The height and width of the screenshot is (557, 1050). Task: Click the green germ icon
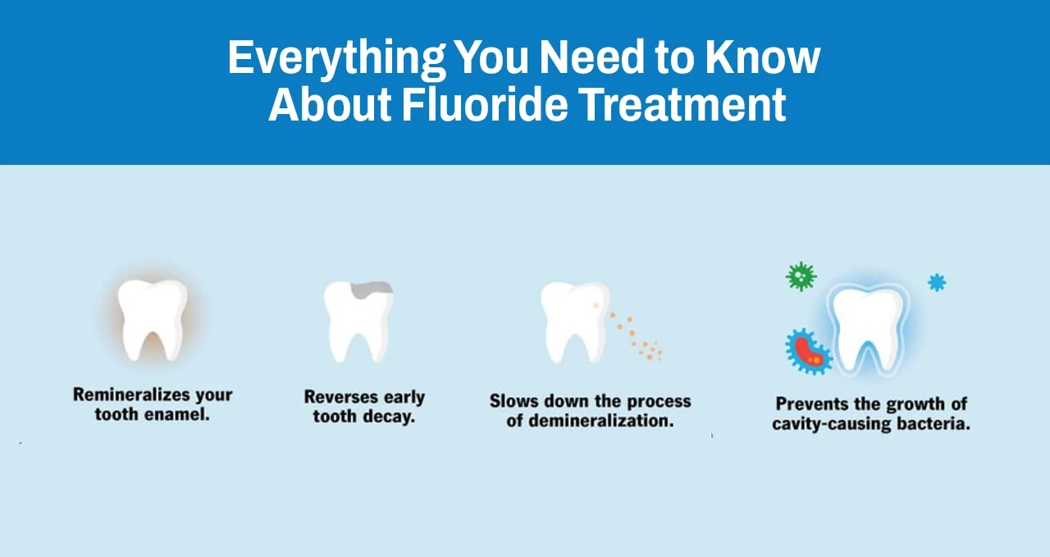coord(801,276)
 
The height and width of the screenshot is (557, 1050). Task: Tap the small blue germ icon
coord(937,283)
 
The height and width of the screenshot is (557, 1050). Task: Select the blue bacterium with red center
coord(808,351)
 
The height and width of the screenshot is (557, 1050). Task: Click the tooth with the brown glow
coord(153,319)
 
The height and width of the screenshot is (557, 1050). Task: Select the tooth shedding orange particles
coord(573,321)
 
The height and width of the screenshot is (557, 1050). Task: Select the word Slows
coord(514,402)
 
